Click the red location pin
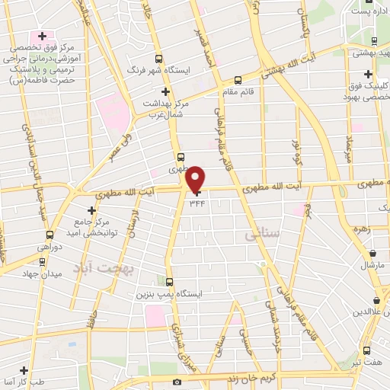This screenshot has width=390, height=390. tap(197, 178)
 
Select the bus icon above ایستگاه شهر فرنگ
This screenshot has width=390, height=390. tap(158, 58)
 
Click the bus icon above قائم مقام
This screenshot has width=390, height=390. tap(238, 79)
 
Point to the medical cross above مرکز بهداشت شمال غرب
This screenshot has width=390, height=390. tap(165, 92)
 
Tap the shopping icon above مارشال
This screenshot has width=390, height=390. tap(373, 254)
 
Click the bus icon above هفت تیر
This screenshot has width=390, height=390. tap(368, 351)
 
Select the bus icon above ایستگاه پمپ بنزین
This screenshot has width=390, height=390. tap(168, 282)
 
